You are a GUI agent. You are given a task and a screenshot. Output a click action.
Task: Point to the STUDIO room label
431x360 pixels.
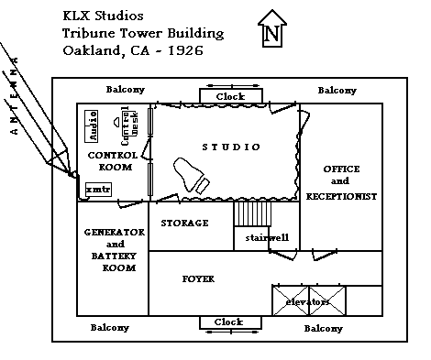pos(230,147)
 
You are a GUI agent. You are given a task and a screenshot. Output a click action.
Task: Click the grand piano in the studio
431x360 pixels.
pos(193,175)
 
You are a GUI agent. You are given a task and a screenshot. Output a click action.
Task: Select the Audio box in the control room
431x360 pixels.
pos(93,125)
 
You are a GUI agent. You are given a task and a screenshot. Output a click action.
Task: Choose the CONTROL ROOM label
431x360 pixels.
pos(112,161)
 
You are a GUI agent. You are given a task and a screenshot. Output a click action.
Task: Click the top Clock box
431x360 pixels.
pos(229,96)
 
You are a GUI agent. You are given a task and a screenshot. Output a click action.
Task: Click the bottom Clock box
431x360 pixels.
pos(228,322)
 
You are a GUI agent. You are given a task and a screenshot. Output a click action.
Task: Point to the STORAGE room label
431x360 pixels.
pos(184,223)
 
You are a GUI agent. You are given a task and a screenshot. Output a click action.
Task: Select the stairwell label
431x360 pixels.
pos(267,237)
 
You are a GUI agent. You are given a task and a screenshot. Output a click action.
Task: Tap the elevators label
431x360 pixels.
pos(308,300)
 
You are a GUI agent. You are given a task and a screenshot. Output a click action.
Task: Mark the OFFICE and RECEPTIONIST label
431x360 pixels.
pos(340,182)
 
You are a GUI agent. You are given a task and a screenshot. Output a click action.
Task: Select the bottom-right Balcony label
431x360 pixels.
pos(323,327)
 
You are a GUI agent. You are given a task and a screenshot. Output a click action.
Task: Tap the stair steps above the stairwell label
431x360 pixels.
pos(253,214)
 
